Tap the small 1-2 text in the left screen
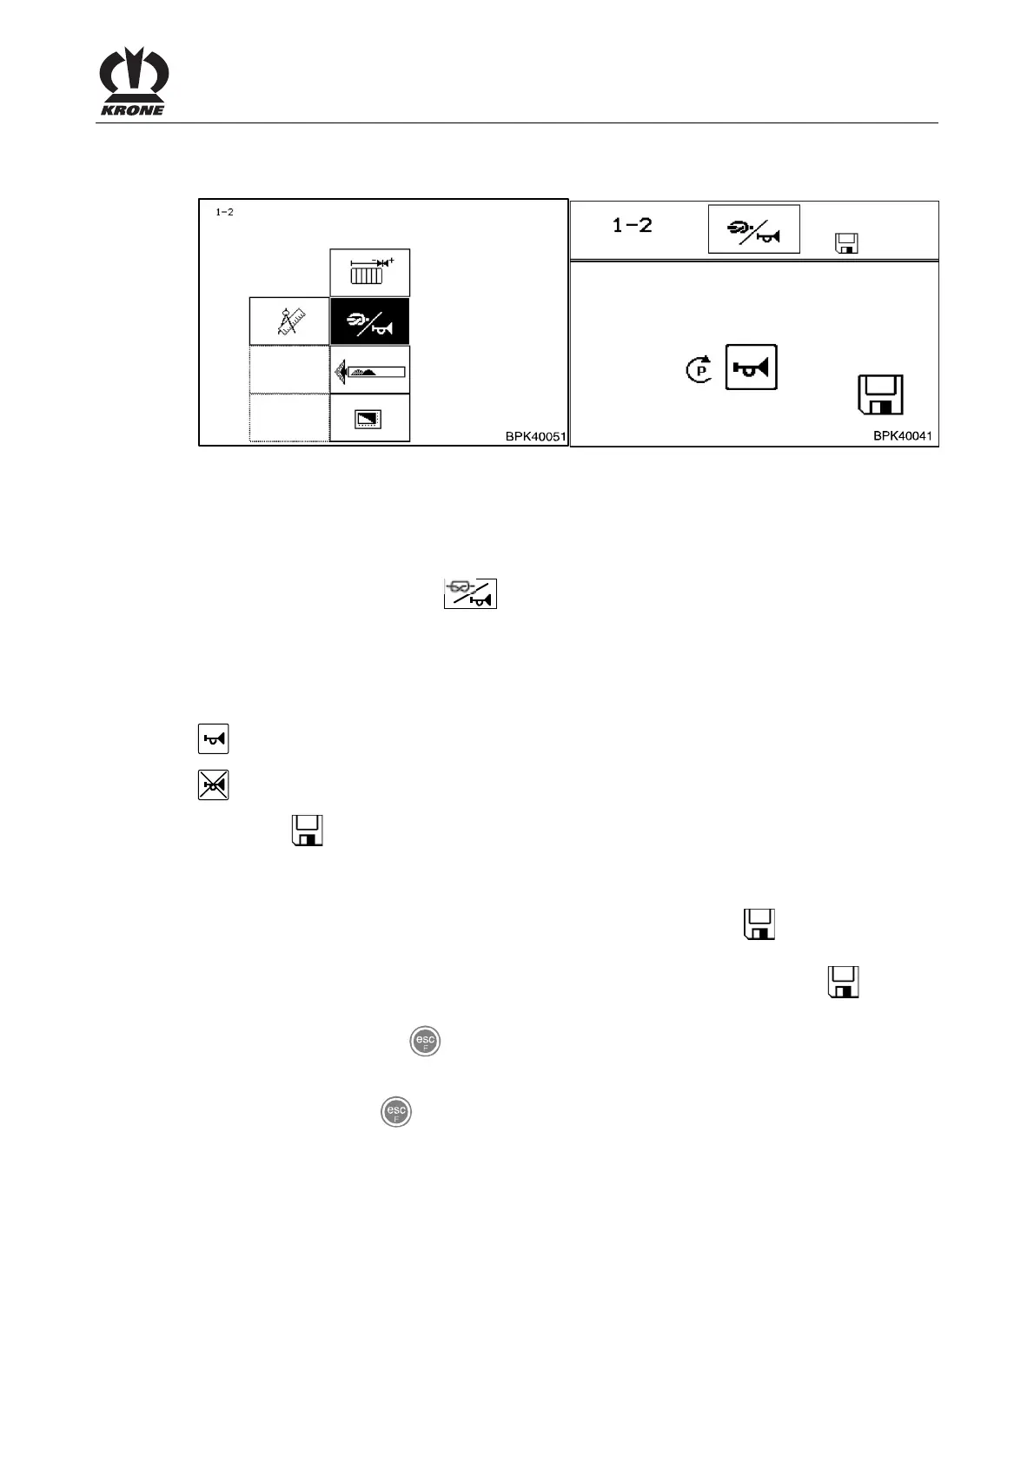(224, 213)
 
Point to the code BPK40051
(535, 436)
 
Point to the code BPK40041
(903, 436)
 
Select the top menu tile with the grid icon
(370, 273)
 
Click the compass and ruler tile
(289, 321)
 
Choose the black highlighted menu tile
(370, 321)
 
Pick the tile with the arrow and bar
(370, 370)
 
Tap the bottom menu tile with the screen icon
(370, 419)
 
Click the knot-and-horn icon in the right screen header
(753, 229)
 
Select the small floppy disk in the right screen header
(845, 243)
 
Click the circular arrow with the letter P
(699, 370)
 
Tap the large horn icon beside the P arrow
(751, 367)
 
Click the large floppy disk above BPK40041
(880, 395)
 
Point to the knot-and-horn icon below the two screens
(470, 592)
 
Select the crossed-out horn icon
(213, 785)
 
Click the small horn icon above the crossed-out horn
(213, 739)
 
